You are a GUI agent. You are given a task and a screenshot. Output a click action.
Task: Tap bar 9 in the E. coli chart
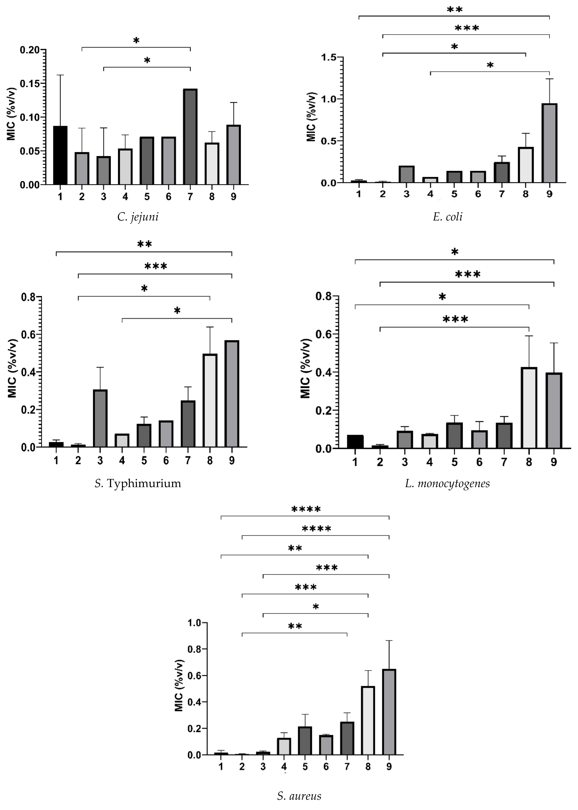549,143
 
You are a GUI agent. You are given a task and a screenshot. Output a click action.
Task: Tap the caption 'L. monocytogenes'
447,483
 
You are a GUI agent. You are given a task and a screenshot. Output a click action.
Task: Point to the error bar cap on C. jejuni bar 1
60,75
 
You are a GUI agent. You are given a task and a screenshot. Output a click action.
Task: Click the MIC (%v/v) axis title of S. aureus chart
179,685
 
